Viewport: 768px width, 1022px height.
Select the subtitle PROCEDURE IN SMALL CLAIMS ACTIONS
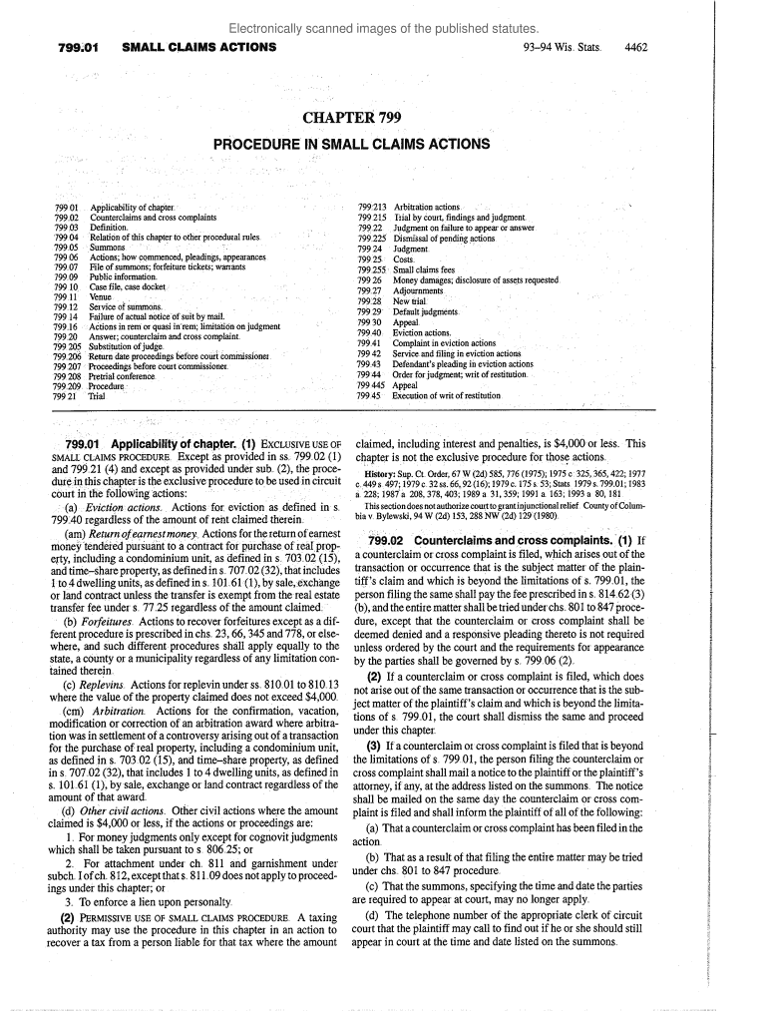pos(352,144)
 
